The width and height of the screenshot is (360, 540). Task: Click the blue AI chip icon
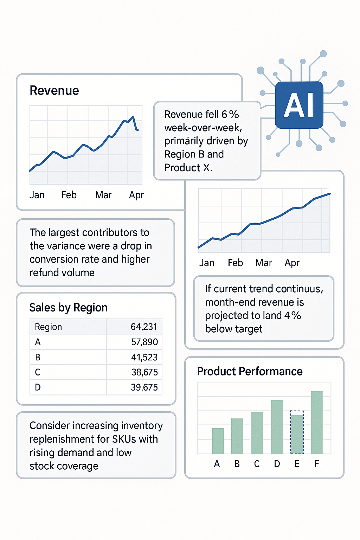coord(299,105)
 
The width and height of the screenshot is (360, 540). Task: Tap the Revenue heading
coord(54,91)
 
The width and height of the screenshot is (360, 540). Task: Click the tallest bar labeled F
coord(317,422)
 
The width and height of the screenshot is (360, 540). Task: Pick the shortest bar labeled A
coord(218,441)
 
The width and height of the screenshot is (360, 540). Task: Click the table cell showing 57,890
coord(144,342)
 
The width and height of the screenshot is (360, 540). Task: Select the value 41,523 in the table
coord(144,357)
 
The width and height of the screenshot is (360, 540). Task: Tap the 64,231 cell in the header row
coord(144,327)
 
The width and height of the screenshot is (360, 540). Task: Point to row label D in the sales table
coord(38,387)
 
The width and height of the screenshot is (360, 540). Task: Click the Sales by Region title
coord(68,308)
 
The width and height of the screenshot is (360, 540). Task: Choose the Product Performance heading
coord(250,372)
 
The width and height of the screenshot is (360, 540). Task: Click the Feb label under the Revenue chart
coord(69,195)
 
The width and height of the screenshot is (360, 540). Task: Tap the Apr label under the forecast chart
coord(292,263)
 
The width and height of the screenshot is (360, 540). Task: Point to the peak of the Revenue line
coord(133,117)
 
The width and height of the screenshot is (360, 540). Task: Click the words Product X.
coord(188,168)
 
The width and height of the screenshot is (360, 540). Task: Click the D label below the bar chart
coord(277,464)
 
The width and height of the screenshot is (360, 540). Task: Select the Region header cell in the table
coord(48,327)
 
